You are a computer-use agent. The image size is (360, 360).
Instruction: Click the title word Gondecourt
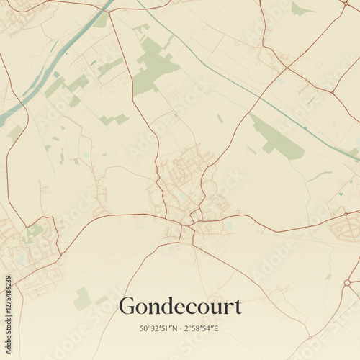180,306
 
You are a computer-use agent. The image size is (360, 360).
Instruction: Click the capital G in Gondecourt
127,305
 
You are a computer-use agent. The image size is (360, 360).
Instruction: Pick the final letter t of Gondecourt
238,307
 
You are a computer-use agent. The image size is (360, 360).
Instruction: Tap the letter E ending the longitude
215,328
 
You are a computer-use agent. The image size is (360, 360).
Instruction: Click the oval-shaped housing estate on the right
344,230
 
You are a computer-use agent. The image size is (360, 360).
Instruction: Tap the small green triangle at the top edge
300,9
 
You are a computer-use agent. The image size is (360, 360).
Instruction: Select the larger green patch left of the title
82,297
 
